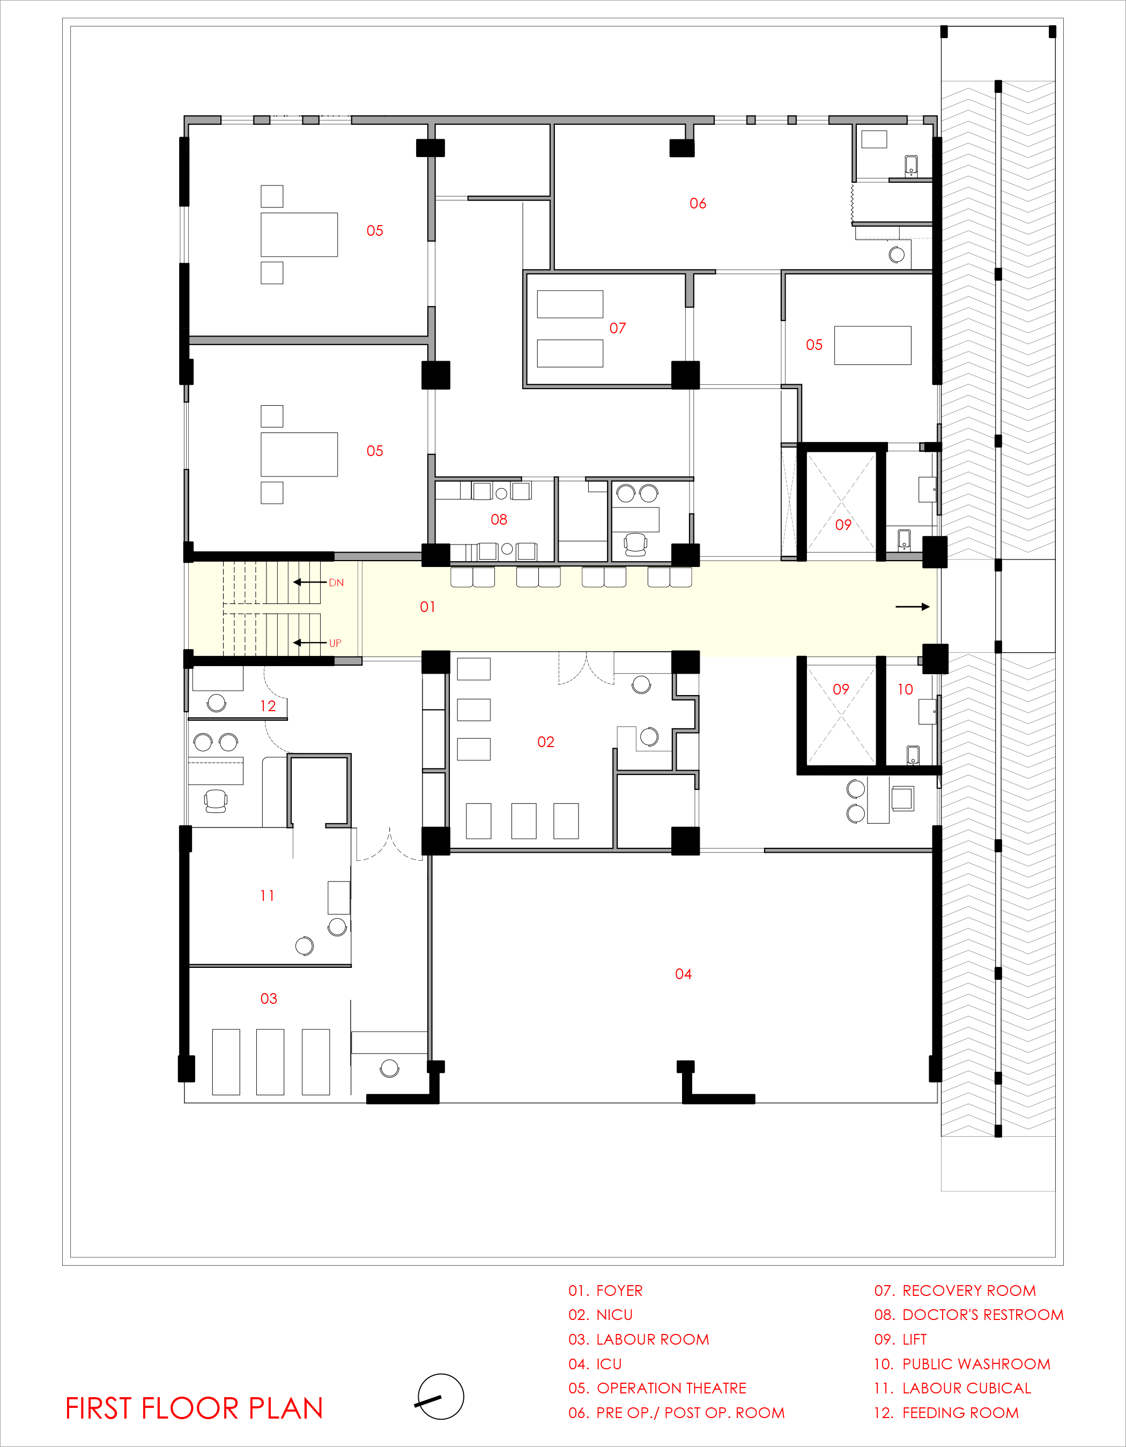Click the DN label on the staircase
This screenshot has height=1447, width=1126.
pos(336,583)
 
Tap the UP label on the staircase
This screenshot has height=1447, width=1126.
pos(335,643)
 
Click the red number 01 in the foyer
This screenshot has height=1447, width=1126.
pos(427,607)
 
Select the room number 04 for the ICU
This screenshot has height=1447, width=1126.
pos(683,974)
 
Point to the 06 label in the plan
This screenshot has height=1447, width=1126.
pos(698,204)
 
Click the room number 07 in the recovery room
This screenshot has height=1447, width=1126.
pos(618,328)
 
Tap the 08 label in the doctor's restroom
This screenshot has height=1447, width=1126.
pos(499,519)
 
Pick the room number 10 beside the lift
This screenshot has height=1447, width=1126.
pos(905,689)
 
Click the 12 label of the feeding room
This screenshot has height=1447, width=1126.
pos(268,706)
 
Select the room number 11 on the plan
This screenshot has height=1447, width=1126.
pos(267,896)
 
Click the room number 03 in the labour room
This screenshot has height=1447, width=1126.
pos(269,998)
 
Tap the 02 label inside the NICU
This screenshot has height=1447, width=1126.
pos(545,742)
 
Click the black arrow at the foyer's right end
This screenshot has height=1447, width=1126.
pos(913,606)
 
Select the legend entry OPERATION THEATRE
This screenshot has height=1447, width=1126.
pos(671,1388)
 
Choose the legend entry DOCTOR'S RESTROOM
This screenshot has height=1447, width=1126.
pos(983,1315)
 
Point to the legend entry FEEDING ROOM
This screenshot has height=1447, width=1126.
pos(960,1413)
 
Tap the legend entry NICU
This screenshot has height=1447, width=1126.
pos(614,1315)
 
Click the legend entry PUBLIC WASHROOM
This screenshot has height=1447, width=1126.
pos(976,1363)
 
